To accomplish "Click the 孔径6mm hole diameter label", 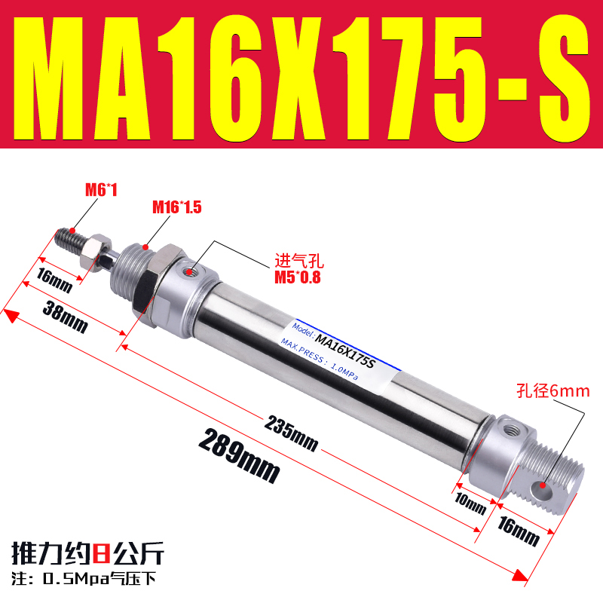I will coord(553,391).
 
